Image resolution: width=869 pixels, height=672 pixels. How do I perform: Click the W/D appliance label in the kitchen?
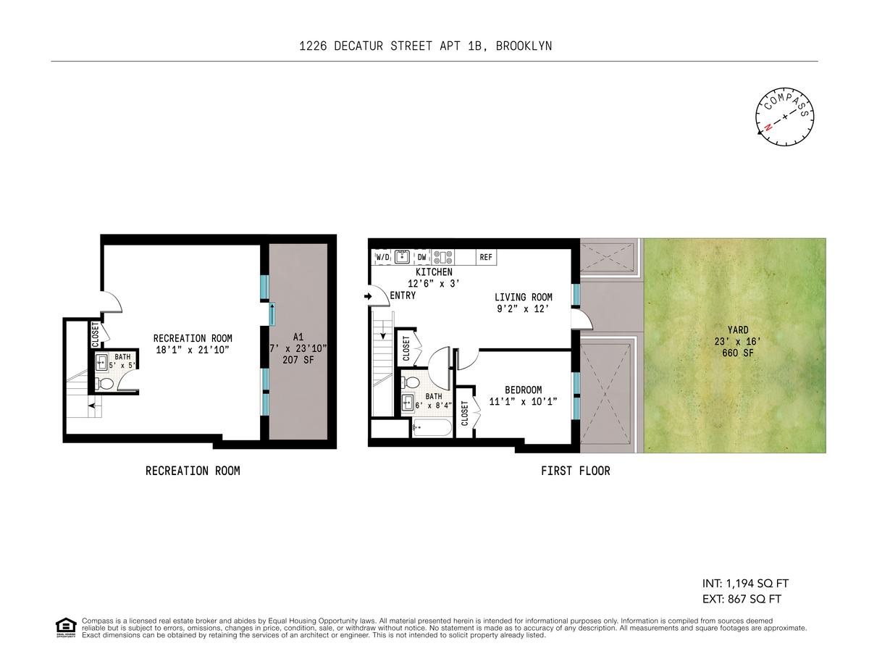coord(382,258)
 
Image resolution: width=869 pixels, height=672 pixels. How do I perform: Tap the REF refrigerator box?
coord(486,258)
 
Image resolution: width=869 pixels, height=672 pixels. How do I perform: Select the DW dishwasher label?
coord(422,258)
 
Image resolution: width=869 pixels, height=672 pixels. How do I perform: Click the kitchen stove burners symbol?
coord(442,257)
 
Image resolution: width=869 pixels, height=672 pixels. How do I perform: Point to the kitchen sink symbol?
coord(401,257)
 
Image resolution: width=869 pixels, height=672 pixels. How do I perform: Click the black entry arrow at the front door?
coord(368,297)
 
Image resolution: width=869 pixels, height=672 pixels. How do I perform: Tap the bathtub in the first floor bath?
coord(432,428)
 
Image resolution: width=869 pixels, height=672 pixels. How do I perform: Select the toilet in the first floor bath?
coord(411,382)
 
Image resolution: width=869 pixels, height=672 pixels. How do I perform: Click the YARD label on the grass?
coord(738,329)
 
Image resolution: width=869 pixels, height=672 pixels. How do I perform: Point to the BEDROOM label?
coord(523,390)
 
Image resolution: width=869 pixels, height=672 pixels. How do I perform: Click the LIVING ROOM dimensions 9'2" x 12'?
coord(523,308)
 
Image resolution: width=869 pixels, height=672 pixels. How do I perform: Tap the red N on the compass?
coord(768,127)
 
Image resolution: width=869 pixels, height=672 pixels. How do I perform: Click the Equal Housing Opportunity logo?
coord(66,628)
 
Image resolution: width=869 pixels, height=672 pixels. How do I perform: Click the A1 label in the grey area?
coord(298,337)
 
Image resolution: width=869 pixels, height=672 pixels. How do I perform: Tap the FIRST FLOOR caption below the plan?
coord(576,471)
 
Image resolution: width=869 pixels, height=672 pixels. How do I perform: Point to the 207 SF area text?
coord(298,360)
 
